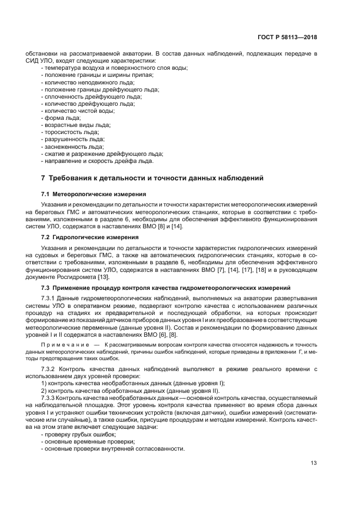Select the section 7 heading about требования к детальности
point(152,178)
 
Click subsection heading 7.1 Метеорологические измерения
point(93,194)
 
